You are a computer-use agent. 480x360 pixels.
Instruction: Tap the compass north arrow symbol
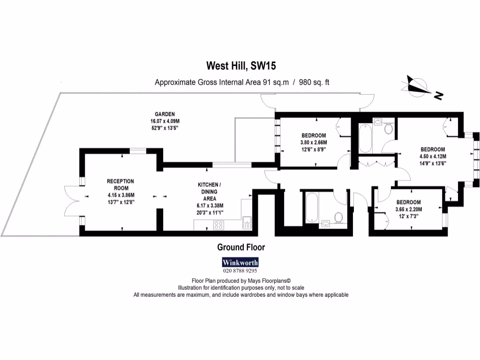click(418, 87)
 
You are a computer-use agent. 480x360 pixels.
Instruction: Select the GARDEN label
click(165, 114)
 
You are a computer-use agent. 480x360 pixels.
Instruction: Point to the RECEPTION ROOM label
click(120, 181)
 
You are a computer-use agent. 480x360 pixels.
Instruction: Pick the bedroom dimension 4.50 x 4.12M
click(433, 157)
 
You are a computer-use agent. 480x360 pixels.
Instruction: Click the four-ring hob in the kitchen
click(218, 225)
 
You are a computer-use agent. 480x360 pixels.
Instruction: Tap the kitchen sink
click(247, 222)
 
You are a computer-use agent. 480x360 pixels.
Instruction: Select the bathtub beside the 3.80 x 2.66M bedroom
click(365, 139)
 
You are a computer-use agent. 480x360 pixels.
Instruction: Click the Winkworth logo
click(240, 262)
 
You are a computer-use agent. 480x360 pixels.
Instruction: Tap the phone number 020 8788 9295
click(240, 270)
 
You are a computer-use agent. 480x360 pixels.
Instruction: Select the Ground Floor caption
click(241, 247)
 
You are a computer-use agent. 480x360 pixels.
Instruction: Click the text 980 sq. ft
click(315, 82)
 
